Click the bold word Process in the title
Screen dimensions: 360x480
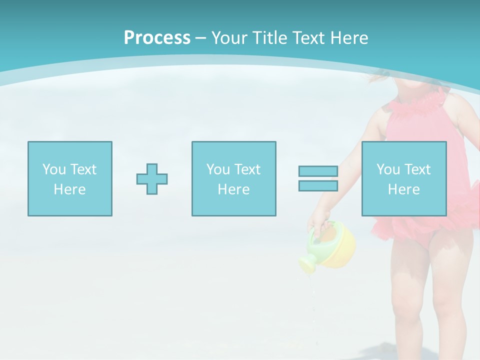coord(157,38)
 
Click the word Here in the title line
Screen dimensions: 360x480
coord(350,38)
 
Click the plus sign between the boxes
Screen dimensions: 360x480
coord(152,179)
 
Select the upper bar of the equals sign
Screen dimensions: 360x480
coord(318,171)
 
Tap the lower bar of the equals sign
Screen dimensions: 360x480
coord(318,186)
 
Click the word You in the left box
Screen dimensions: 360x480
coord(54,169)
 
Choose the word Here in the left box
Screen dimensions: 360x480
coord(69,189)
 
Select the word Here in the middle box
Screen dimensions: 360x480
coord(233,189)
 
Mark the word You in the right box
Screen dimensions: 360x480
coord(388,169)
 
